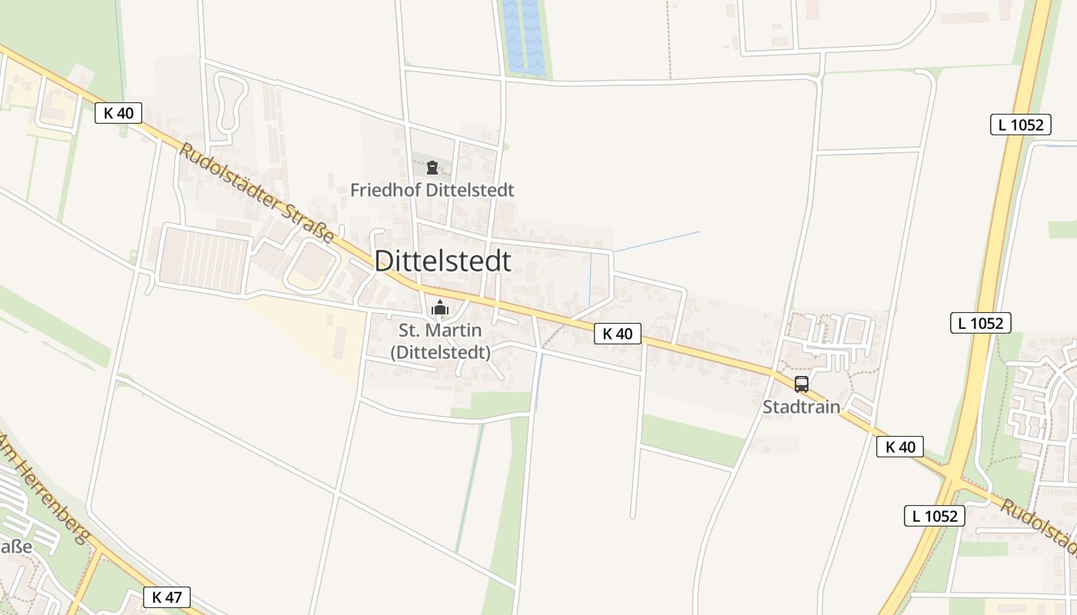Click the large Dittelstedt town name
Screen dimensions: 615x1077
pos(442,261)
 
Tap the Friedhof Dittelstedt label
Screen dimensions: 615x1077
pos(432,190)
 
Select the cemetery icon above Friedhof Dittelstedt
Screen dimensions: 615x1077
pos(432,168)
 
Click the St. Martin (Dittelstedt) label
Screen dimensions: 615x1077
pos(440,341)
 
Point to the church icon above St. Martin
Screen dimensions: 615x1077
pos(440,308)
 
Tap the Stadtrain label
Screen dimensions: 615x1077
pos(801,407)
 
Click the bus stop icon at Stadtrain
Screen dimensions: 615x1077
pos(801,384)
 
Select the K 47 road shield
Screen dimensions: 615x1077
pos(166,597)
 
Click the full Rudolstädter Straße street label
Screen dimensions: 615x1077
pos(257,193)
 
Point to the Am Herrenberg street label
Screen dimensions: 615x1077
pos(45,489)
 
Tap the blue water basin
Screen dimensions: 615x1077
pos(523,37)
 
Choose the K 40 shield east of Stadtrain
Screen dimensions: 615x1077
pos(899,447)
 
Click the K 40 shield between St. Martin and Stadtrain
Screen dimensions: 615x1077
pos(617,334)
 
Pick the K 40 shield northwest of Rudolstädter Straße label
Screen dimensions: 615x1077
pos(118,113)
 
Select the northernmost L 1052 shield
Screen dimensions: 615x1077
pos(1020,125)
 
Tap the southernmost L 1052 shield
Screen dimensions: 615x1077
pos(934,516)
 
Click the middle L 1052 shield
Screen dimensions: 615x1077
pos(980,323)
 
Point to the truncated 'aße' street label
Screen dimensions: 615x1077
pos(15,547)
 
